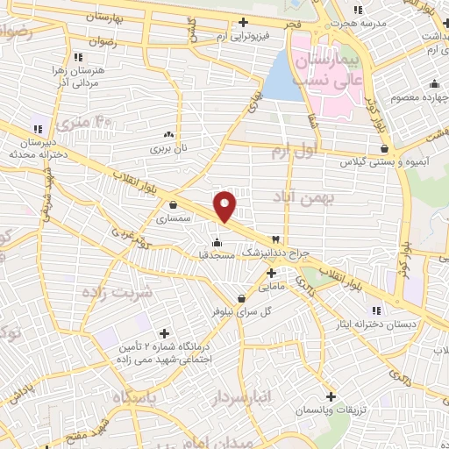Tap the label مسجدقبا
click(x=216, y=255)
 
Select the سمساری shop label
click(x=173, y=218)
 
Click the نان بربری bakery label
click(x=167, y=150)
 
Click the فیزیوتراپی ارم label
click(x=244, y=36)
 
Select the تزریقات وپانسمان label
click(x=331, y=410)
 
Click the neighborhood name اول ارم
click(x=293, y=152)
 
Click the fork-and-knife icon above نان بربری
click(x=167, y=136)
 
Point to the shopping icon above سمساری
click(x=173, y=205)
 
